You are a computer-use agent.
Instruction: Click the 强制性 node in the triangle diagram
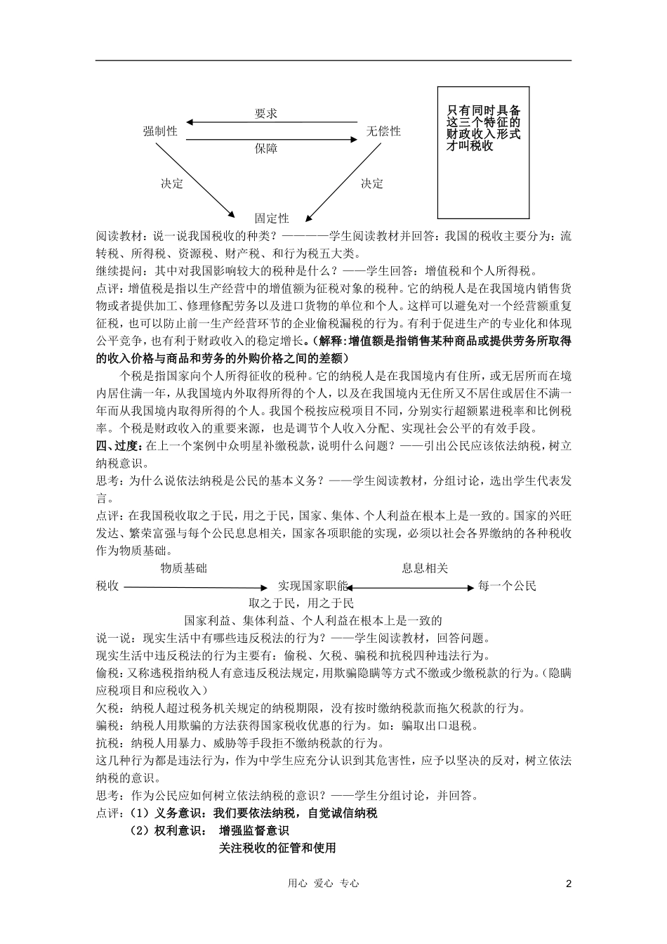coord(160,131)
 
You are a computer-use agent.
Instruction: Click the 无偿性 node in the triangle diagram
coord(383,131)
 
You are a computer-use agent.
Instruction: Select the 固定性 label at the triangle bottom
coord(272,218)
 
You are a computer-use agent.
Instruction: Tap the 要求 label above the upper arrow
coord(266,114)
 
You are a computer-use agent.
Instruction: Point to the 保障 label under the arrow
coord(265,148)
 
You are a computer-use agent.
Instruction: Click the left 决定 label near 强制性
coord(172,183)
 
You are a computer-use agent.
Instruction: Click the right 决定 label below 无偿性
coord(372,183)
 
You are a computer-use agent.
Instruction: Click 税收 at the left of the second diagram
coord(107,586)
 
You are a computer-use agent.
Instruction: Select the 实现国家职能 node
coord(312,586)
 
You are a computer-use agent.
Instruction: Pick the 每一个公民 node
coord(507,586)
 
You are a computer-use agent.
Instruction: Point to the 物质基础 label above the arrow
coord(184,568)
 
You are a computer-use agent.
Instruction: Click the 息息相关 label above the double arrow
coord(425,568)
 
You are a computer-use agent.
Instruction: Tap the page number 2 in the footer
coord(569,884)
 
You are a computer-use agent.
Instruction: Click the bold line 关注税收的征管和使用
coord(277,848)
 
